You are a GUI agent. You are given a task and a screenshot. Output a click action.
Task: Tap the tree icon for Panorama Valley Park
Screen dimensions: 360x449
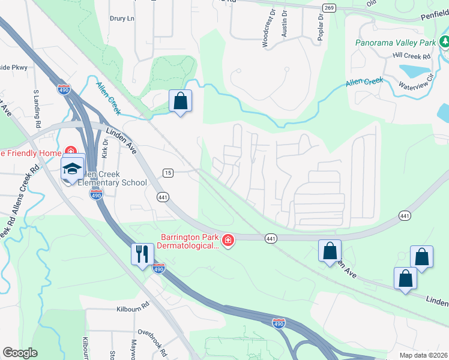445,42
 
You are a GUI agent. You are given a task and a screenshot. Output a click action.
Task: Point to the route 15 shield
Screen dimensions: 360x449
168,173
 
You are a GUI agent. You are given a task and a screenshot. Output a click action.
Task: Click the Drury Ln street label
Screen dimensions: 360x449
122,19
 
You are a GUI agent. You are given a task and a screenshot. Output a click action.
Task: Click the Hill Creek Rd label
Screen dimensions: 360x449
412,56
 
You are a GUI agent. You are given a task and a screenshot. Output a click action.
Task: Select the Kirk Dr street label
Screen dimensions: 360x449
105,148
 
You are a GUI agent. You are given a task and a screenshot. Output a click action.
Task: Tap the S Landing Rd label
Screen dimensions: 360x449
37,108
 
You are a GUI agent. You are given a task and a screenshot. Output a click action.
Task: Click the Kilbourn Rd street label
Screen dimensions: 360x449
132,310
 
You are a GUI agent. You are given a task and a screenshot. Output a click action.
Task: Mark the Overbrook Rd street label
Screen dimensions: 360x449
155,332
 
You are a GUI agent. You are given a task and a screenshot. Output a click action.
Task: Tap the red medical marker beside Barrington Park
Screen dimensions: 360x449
228,241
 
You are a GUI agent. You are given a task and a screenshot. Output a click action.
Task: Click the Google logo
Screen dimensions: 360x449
20,353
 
